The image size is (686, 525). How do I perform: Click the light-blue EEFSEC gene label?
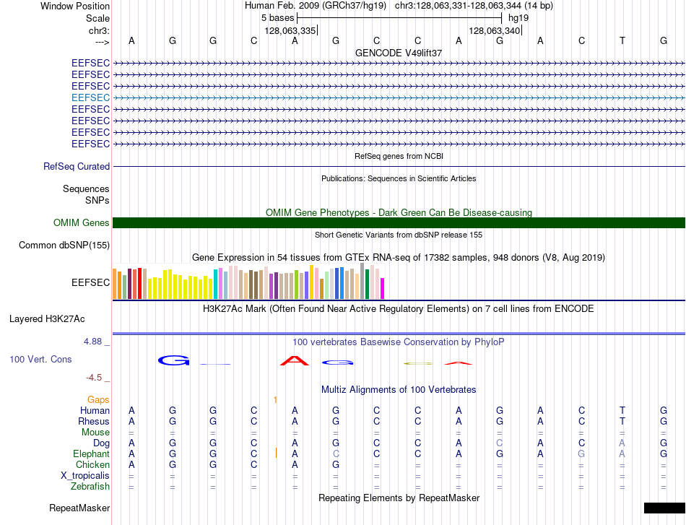(90, 97)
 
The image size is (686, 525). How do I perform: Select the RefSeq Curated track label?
(77, 166)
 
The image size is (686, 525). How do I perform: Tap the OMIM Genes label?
(82, 222)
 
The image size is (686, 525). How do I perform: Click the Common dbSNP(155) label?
(64, 245)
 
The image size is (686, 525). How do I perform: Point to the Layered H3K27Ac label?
(47, 319)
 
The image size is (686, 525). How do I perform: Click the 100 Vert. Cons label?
(40, 359)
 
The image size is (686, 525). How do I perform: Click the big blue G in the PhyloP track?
(174, 360)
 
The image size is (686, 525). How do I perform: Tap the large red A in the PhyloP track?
(295, 361)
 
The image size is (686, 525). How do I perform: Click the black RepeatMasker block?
(664, 508)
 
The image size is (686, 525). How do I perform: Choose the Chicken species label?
(92, 464)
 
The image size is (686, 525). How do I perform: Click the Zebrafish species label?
(90, 486)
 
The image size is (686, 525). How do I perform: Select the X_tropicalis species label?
(85, 476)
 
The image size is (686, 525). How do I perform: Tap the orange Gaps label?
(98, 399)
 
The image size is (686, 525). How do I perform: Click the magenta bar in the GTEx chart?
(383, 288)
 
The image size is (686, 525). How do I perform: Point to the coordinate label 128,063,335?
(290, 30)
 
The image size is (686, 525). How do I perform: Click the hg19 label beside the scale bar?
(518, 18)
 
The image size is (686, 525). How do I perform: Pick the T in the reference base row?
(622, 40)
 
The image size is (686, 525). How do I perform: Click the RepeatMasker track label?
(79, 508)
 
